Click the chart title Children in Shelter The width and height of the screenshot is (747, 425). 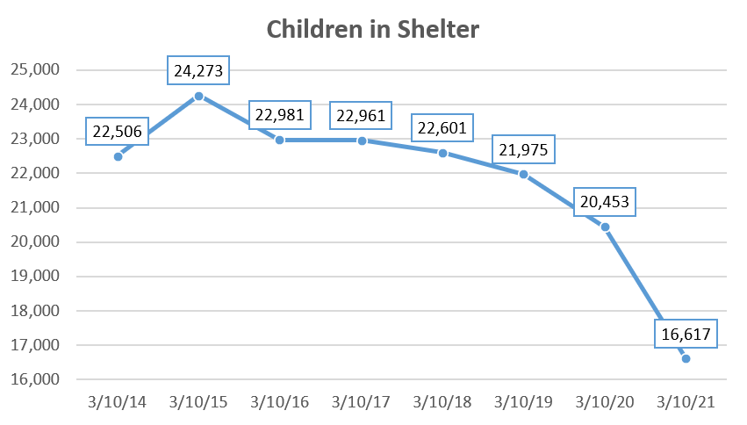(373, 29)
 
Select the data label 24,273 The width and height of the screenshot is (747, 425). (198, 70)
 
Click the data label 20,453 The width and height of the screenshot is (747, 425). (604, 202)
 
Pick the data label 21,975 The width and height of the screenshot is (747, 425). (523, 149)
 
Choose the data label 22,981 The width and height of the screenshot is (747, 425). (280, 115)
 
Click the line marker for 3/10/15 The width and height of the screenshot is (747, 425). (198, 96)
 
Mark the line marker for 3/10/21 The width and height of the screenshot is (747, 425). (686, 358)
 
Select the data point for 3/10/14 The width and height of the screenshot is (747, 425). (118, 156)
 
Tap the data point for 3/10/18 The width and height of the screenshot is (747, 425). (442, 153)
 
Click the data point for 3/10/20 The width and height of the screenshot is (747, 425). (605, 227)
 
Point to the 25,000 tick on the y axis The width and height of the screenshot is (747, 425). (35, 70)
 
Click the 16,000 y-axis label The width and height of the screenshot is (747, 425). (35, 379)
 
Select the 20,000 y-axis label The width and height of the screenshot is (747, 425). (35, 242)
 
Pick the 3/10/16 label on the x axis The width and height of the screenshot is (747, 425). (280, 402)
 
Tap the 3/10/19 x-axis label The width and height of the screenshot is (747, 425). (523, 402)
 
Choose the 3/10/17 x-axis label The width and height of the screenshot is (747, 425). (361, 402)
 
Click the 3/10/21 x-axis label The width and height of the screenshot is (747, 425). (686, 402)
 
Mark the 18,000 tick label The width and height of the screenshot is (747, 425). (35, 311)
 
